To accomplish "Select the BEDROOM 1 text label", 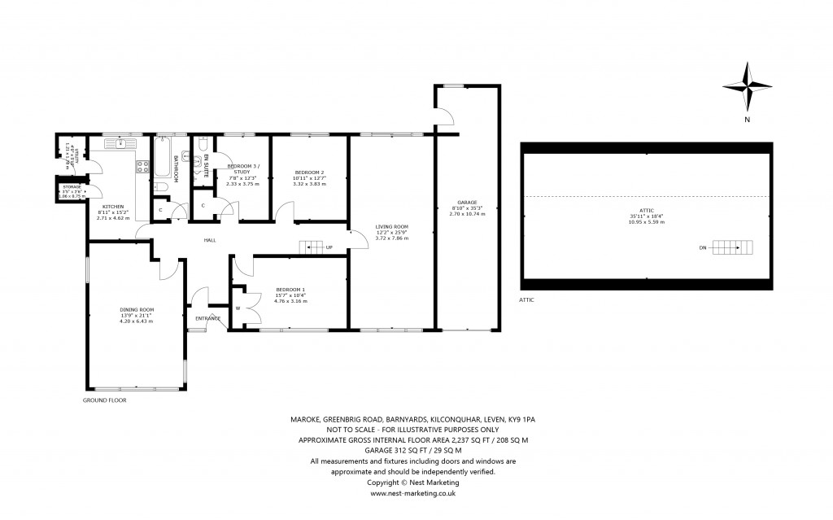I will pos(290,290).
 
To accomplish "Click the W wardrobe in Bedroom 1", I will pos(238,308).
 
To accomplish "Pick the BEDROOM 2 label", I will pos(309,173).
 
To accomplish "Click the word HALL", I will pos(209,240).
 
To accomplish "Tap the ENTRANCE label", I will pos(207,317).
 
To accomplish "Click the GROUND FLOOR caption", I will pos(105,400).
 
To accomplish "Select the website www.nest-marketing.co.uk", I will pos(412,492).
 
